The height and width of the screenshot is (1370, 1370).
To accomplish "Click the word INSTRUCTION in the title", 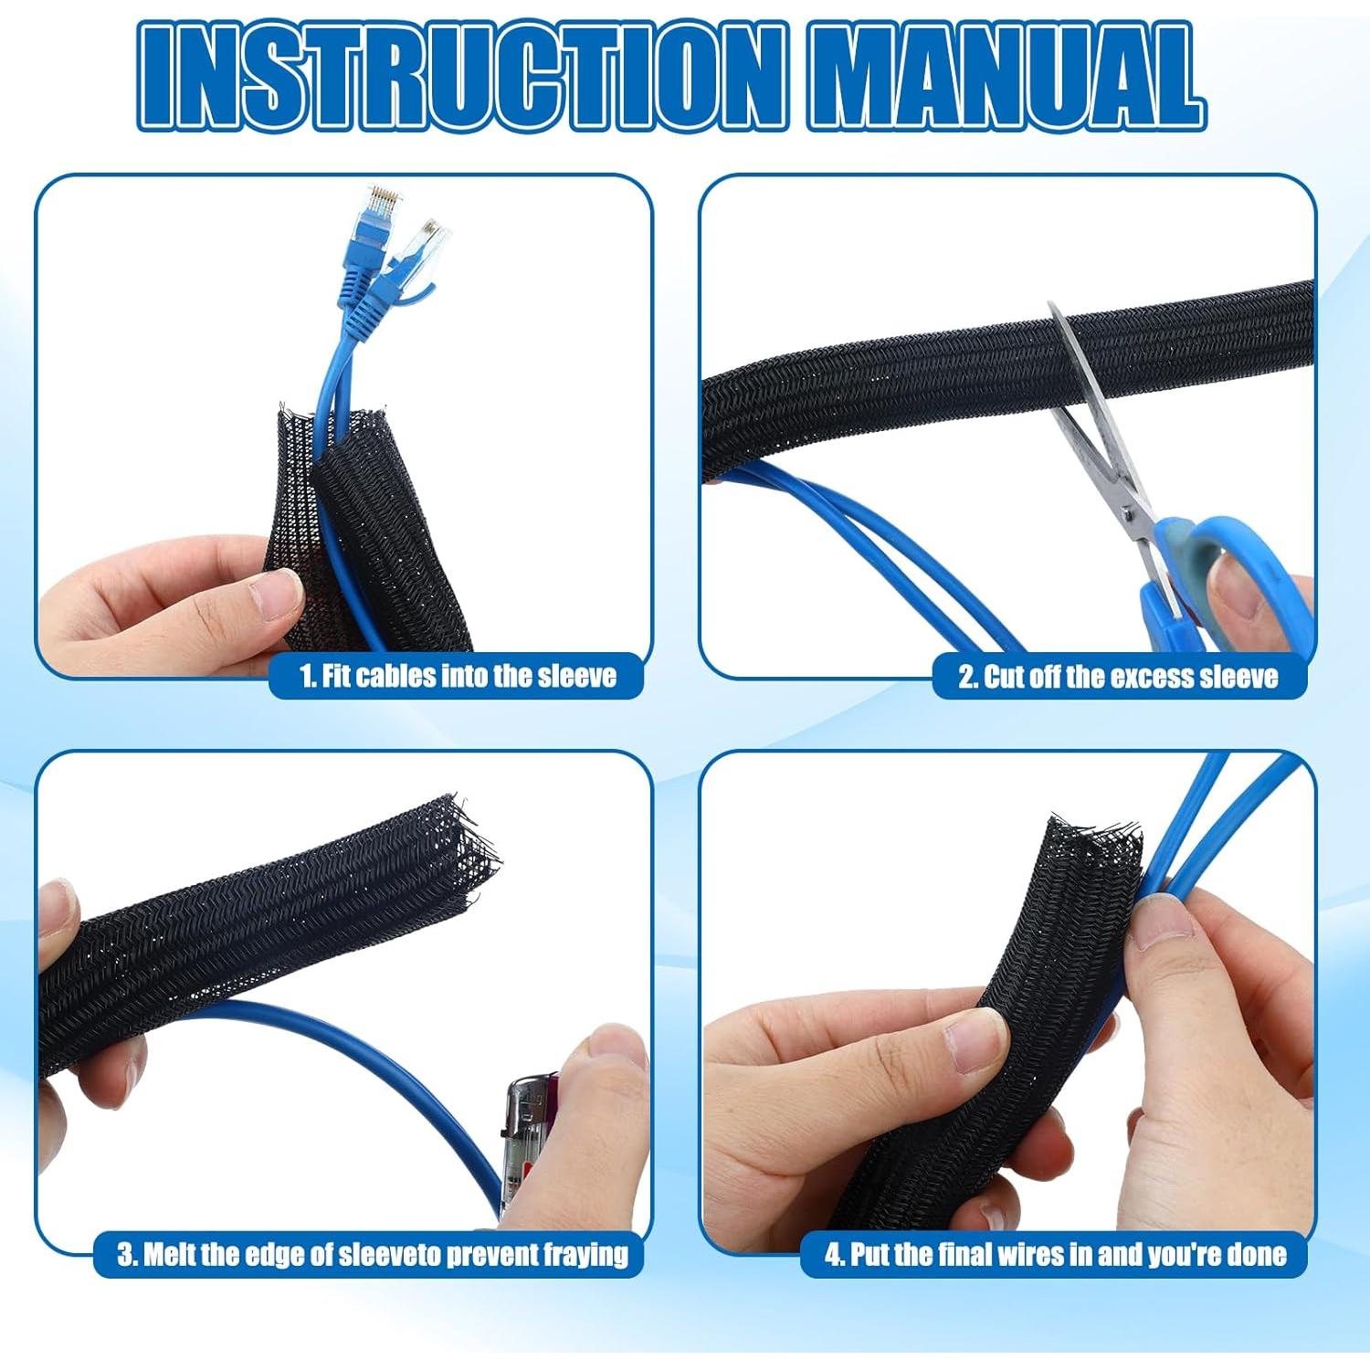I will pyautogui.click(x=461, y=77).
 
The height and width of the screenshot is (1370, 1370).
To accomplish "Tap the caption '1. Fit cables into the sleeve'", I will pyautogui.click(x=458, y=677).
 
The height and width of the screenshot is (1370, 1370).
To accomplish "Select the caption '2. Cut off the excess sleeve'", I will pyautogui.click(x=1118, y=677).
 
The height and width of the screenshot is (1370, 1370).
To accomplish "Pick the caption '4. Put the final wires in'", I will pyautogui.click(x=1055, y=1254).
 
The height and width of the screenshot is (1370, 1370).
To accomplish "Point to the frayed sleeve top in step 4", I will pyautogui.click(x=1096, y=840).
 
